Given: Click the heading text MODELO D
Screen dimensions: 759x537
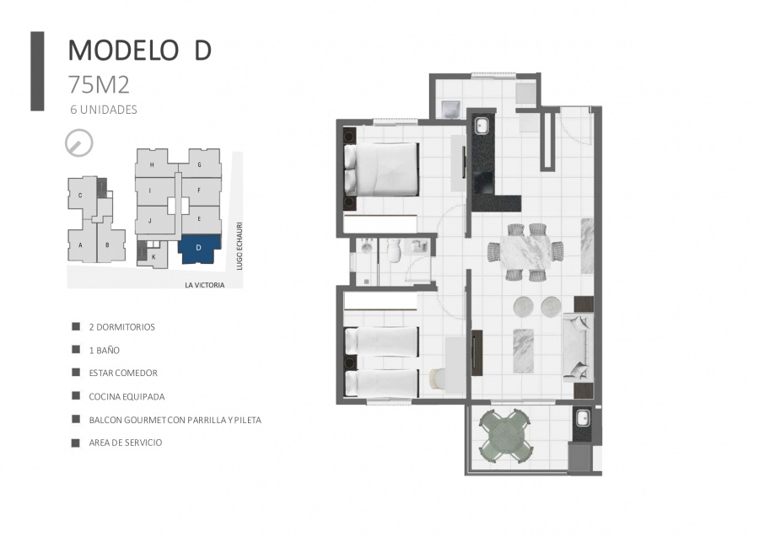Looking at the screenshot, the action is (139, 50).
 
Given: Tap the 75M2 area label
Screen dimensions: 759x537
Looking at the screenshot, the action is (99, 84).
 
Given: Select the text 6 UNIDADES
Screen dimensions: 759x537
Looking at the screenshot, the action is (104, 110).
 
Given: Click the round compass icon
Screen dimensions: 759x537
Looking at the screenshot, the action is (79, 143).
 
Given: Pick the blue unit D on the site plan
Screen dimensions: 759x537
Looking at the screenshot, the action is (199, 248).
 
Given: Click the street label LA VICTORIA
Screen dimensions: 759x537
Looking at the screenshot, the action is (205, 285).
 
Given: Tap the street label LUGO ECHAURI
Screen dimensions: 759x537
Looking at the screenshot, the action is (240, 246).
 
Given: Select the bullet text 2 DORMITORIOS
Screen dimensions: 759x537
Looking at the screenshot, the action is (122, 327).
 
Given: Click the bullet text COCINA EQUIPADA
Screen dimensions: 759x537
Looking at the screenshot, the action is (126, 397).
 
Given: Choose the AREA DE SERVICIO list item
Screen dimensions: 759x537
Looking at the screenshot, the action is (126, 443).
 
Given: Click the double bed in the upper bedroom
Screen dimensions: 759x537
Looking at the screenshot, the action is (381, 169).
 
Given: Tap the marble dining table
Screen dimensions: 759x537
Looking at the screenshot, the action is (525, 252).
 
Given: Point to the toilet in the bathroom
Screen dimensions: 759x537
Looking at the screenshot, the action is (394, 251).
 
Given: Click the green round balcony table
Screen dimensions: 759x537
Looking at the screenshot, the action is (506, 436).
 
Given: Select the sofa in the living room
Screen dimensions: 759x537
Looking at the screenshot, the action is (578, 347).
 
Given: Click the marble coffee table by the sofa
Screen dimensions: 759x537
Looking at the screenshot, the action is (523, 351).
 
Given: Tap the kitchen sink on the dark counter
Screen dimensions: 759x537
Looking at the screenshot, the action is (482, 126).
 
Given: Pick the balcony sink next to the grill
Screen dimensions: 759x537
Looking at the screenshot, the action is (581, 417).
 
